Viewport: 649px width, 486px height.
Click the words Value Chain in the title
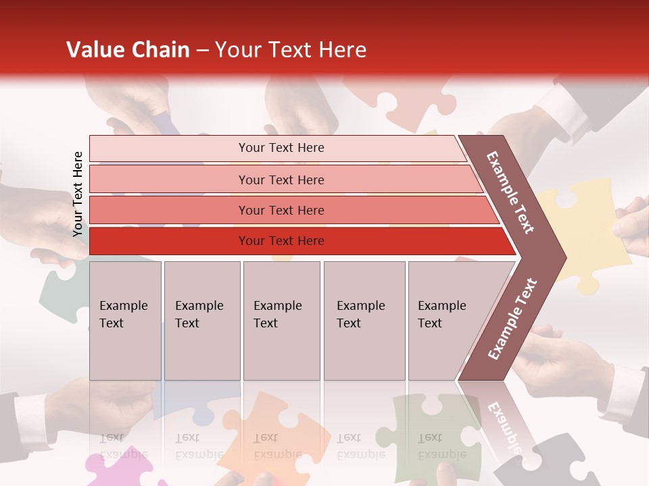(x=128, y=50)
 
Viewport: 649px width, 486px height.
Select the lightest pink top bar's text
(x=281, y=148)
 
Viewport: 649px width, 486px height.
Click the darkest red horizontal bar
(x=281, y=241)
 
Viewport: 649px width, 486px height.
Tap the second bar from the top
(x=281, y=180)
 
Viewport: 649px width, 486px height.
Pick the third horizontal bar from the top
(x=281, y=210)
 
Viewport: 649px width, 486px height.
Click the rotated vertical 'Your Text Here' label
(x=78, y=194)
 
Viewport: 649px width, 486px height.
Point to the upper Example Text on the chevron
(x=511, y=192)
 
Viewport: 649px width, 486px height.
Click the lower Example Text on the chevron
(x=512, y=319)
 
